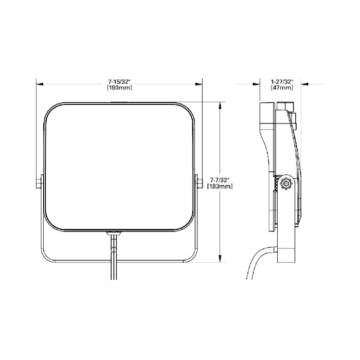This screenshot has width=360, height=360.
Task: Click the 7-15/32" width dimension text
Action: [119, 82]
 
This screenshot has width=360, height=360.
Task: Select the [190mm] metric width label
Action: [119, 88]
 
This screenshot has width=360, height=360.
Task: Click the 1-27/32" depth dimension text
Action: [282, 82]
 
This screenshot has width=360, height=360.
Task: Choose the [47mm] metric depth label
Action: [282, 88]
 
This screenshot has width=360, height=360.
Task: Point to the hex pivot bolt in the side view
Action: [285, 183]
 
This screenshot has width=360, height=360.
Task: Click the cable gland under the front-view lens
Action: [114, 233]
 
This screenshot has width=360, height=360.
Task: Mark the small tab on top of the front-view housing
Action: [119, 102]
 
